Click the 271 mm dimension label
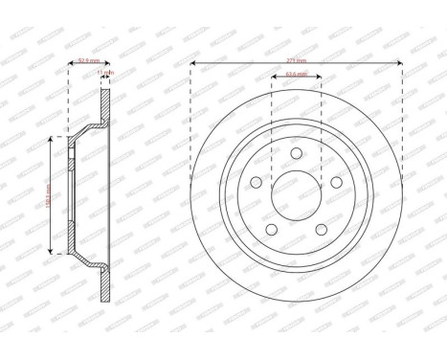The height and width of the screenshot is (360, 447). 296,57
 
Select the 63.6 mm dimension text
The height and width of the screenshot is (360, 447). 296,72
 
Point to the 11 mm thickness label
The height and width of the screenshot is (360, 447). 109,72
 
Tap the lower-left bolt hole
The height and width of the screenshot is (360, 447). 271,227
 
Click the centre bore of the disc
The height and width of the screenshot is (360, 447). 297,194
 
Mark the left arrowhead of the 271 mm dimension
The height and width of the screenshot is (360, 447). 192,64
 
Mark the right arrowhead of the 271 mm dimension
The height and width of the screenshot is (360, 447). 400,64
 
